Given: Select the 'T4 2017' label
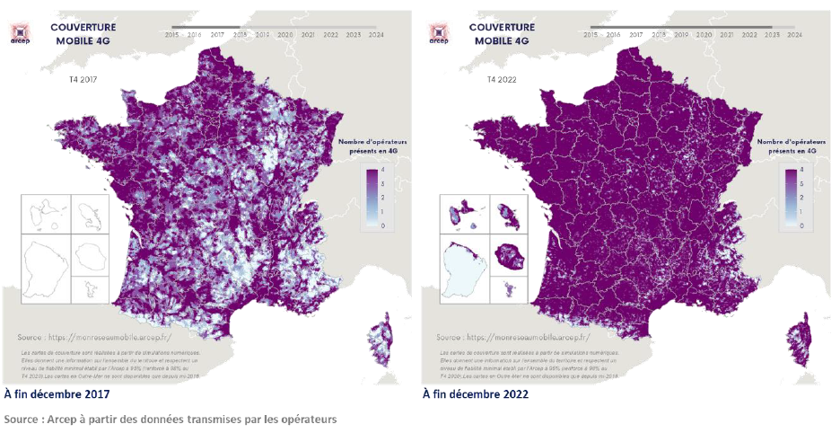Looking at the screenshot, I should click(83, 80).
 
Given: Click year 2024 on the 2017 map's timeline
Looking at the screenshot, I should click(376, 34).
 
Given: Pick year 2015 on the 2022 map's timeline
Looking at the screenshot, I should click(591, 34).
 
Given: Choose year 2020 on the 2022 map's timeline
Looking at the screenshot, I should click(704, 34).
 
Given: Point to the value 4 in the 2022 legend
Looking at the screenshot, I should click(801, 171).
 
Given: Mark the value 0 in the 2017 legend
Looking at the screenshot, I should click(383, 226).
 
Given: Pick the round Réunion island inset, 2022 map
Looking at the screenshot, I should click(511, 257).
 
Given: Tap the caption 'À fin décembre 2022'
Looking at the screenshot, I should click(476, 393).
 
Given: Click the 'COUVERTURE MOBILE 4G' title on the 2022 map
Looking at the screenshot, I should click(502, 33).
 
